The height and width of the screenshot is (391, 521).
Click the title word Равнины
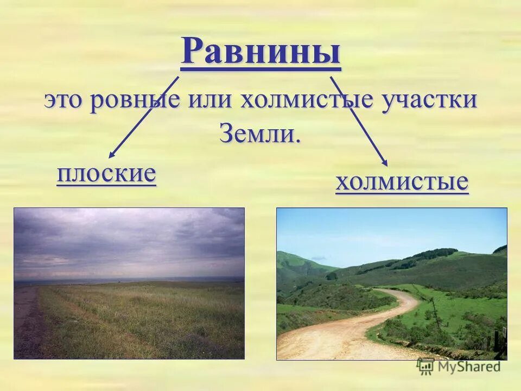point(260,52)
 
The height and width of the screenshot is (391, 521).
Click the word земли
point(260,133)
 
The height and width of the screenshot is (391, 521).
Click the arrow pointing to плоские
point(144,117)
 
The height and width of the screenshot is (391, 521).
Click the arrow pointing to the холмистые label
point(358,121)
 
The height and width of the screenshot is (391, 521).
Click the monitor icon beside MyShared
point(425,367)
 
